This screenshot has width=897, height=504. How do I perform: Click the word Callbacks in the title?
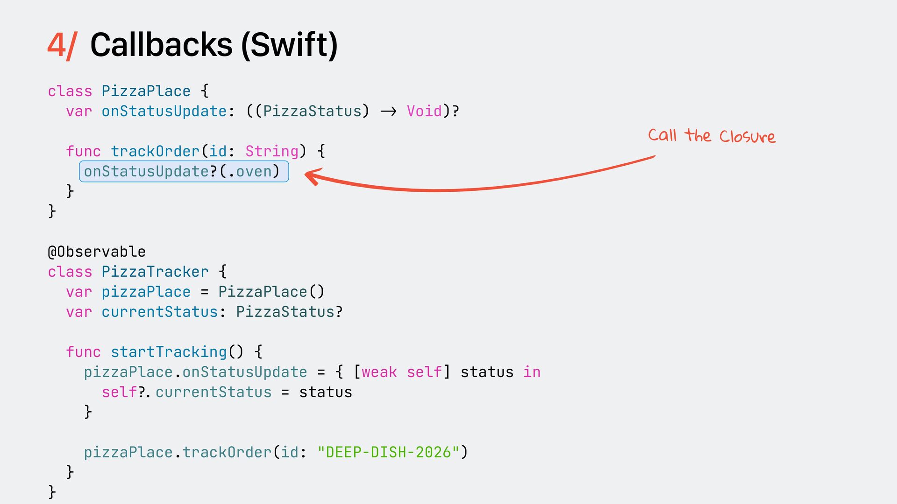pyautogui.click(x=161, y=45)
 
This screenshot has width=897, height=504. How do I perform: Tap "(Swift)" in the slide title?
pyautogui.click(x=290, y=46)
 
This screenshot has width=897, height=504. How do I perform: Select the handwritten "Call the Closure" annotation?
pyautogui.click(x=712, y=136)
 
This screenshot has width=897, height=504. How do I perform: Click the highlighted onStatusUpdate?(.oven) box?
pyautogui.click(x=184, y=171)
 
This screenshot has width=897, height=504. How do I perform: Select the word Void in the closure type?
pyautogui.click(x=424, y=111)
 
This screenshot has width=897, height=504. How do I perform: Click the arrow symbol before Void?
pyautogui.click(x=388, y=111)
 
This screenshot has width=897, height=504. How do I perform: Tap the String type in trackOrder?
pyautogui.click(x=272, y=151)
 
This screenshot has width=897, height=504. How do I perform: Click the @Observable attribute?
pyautogui.click(x=97, y=252)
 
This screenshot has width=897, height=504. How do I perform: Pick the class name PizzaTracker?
pyautogui.click(x=155, y=272)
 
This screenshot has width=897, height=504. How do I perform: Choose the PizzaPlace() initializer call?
pyautogui.click(x=271, y=292)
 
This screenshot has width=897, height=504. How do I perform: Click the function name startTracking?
pyautogui.click(x=169, y=352)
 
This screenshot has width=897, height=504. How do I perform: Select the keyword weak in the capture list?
pyautogui.click(x=379, y=372)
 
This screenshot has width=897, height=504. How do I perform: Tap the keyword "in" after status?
pyautogui.click(x=532, y=372)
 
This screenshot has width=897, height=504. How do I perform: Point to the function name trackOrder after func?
pyautogui.click(x=155, y=151)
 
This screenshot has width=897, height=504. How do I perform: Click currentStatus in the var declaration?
pyautogui.click(x=160, y=312)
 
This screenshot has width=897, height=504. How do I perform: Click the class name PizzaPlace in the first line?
pyautogui.click(x=146, y=91)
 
